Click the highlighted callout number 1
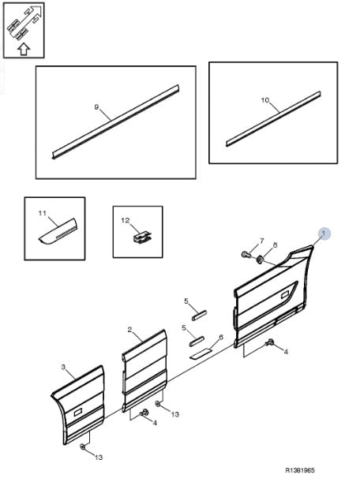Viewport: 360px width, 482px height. point(324,234)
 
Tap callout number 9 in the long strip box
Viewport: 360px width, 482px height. point(96,107)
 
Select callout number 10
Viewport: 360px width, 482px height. point(265,100)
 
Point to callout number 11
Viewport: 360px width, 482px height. point(43,213)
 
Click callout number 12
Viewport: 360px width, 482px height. point(126,220)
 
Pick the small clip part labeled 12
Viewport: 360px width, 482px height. point(142,237)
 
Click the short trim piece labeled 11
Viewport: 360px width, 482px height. point(58,231)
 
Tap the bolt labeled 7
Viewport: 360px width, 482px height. point(246,255)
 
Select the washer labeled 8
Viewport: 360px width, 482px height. point(260,260)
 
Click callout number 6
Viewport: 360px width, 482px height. point(221,337)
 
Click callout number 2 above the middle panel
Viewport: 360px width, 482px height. point(129,330)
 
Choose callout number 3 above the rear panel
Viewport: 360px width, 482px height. point(63,367)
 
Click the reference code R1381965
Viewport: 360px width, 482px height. point(300,470)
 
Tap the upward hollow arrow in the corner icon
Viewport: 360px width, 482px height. point(24,49)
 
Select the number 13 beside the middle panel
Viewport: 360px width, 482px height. point(174,414)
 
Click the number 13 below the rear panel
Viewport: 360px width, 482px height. point(98,458)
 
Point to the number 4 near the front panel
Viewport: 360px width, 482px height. point(286,352)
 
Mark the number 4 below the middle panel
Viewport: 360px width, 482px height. point(155,424)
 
